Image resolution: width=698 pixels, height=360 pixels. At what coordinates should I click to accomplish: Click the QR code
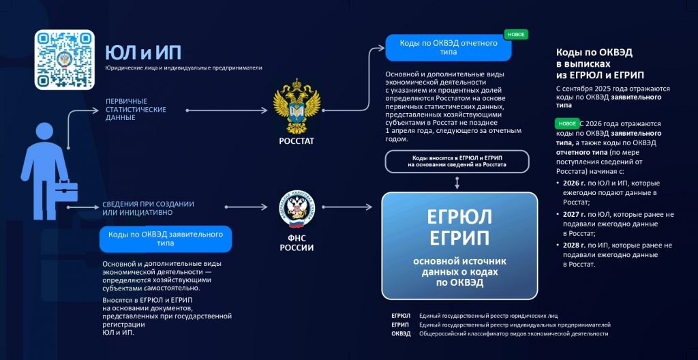(65, 59)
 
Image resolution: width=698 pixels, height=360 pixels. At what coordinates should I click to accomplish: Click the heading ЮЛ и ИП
(142, 53)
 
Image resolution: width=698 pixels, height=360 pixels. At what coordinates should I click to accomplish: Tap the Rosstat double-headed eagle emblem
(297, 108)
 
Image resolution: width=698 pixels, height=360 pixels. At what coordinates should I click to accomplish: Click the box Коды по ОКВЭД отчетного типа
(448, 47)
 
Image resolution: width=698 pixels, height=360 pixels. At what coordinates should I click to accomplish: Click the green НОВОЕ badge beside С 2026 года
(566, 124)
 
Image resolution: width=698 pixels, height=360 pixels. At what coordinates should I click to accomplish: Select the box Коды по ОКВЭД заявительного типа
(166, 239)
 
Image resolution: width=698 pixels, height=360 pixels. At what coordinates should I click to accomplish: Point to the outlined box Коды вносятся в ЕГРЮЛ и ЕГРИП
(457, 161)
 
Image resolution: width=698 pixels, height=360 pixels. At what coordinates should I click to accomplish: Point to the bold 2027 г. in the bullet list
(574, 214)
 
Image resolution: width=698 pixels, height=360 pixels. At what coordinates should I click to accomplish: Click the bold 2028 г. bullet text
(574, 245)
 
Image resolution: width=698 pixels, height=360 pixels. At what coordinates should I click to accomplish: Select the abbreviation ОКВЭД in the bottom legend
(401, 334)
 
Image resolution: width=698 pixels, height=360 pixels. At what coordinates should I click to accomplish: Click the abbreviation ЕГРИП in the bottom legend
(401, 325)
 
